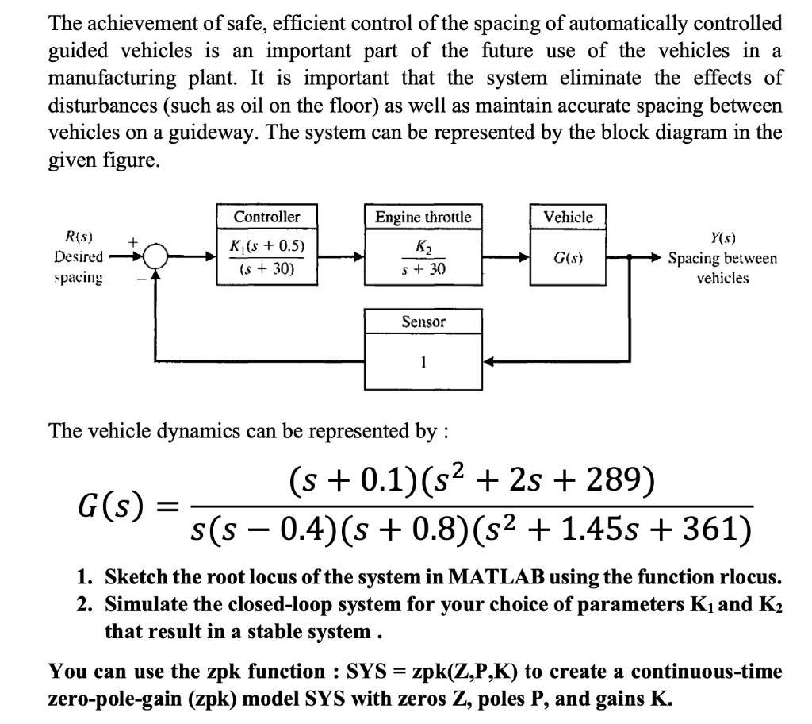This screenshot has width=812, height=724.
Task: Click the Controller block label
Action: coord(266,217)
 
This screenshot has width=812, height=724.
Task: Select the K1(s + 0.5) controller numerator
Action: coord(266,246)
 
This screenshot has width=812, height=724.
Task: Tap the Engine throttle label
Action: coord(423,217)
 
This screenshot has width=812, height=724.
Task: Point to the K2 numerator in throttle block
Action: coord(423,246)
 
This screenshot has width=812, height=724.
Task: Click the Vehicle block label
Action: coord(568,217)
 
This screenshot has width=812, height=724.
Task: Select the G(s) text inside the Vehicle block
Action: coord(568,258)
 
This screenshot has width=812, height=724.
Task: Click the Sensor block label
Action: coord(423,322)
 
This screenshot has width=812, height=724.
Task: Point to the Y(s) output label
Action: coord(722,237)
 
